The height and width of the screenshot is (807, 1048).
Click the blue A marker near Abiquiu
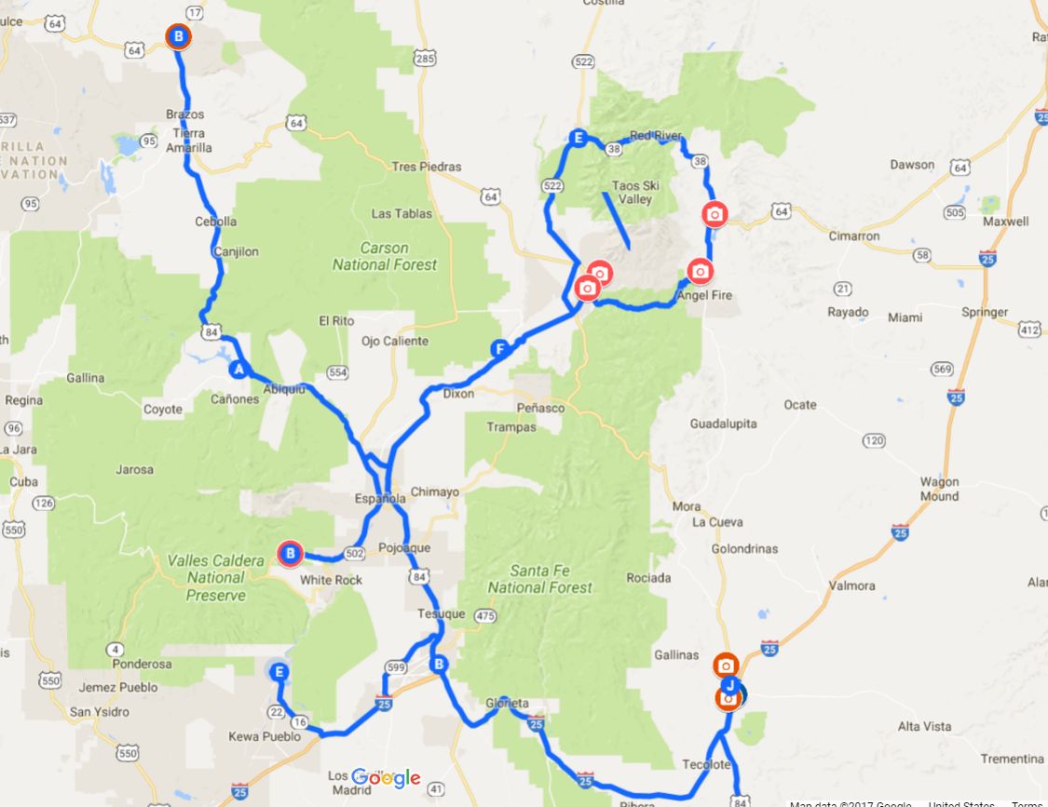(x=238, y=370)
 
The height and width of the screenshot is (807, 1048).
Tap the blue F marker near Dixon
(x=500, y=349)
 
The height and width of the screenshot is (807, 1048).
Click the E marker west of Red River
(x=578, y=140)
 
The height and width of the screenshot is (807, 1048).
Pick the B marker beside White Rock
(x=290, y=555)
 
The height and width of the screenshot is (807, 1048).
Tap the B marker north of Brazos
(x=178, y=37)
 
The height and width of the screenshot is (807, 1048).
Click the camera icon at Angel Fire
(x=700, y=271)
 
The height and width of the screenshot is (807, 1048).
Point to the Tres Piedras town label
(x=427, y=167)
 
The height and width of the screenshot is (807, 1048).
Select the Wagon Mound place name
(x=939, y=489)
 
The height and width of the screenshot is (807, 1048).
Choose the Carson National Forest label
(x=384, y=256)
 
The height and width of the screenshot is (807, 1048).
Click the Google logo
(x=386, y=778)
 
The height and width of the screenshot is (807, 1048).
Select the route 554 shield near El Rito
(x=337, y=372)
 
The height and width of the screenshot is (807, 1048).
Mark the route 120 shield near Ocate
(x=873, y=439)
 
